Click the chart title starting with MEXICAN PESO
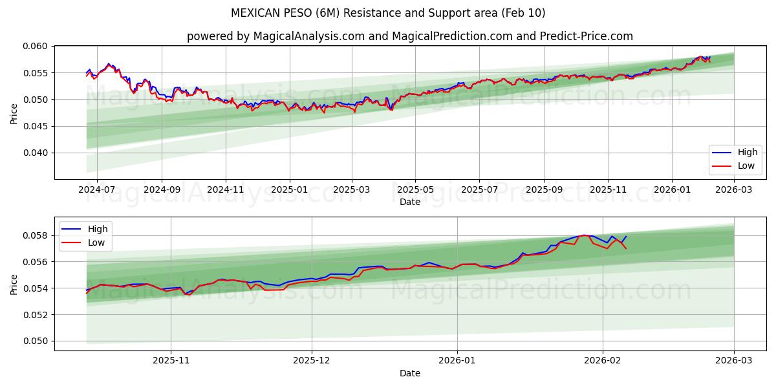click(388, 13)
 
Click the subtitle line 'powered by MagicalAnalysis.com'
click(410, 36)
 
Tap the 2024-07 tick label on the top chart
click(96, 189)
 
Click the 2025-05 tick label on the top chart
click(415, 189)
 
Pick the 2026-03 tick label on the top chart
click(734, 189)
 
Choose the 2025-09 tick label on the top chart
click(544, 189)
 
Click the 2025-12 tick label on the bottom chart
click(312, 361)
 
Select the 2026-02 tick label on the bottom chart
click(603, 361)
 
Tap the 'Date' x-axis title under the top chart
click(410, 202)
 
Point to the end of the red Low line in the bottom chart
click(626, 249)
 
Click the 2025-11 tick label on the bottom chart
click(171, 361)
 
